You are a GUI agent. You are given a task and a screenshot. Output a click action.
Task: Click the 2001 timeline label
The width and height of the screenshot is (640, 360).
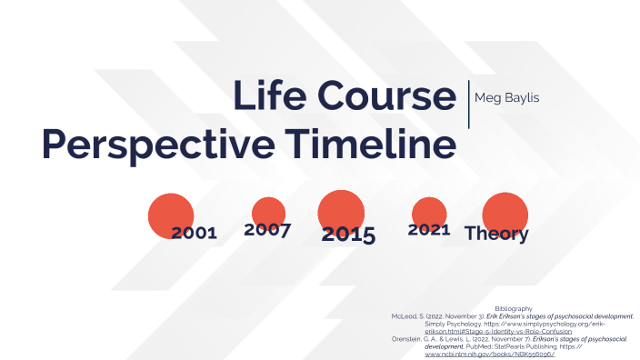click(x=194, y=233)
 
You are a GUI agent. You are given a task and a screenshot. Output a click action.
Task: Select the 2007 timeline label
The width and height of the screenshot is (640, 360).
click(x=267, y=230)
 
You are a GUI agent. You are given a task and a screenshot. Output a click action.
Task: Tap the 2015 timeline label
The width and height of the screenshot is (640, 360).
click(x=348, y=235)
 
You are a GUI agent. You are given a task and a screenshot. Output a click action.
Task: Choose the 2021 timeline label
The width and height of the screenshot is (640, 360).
click(x=429, y=230)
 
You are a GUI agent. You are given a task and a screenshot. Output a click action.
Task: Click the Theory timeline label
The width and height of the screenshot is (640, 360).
click(x=496, y=234)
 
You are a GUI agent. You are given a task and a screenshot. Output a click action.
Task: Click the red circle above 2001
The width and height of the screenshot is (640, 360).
click(x=170, y=212)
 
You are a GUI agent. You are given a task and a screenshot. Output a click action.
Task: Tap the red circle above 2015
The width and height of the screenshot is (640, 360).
click(x=341, y=210)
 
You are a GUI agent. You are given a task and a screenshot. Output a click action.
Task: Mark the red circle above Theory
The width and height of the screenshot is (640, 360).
click(x=505, y=211)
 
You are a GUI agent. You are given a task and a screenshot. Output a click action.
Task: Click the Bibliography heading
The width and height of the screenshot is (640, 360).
click(x=514, y=309)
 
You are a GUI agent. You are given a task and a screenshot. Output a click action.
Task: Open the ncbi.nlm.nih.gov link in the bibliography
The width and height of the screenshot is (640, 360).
click(x=490, y=353)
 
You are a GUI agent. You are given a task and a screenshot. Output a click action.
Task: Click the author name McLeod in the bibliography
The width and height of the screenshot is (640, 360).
click(x=404, y=316)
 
